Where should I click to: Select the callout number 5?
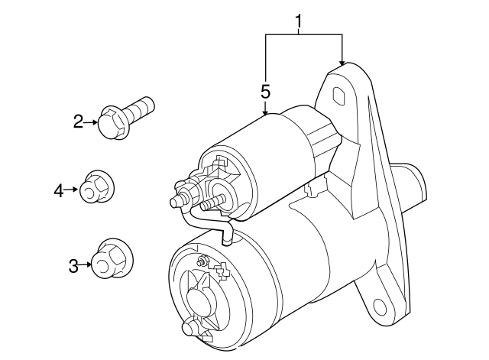pos(265,91)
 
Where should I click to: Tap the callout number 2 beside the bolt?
pos(78,122)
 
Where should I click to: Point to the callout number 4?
pos(59,190)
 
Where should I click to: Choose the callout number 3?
pos(73,266)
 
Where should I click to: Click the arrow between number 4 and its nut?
pos(73,189)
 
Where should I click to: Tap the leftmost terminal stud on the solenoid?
pos(176,203)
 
